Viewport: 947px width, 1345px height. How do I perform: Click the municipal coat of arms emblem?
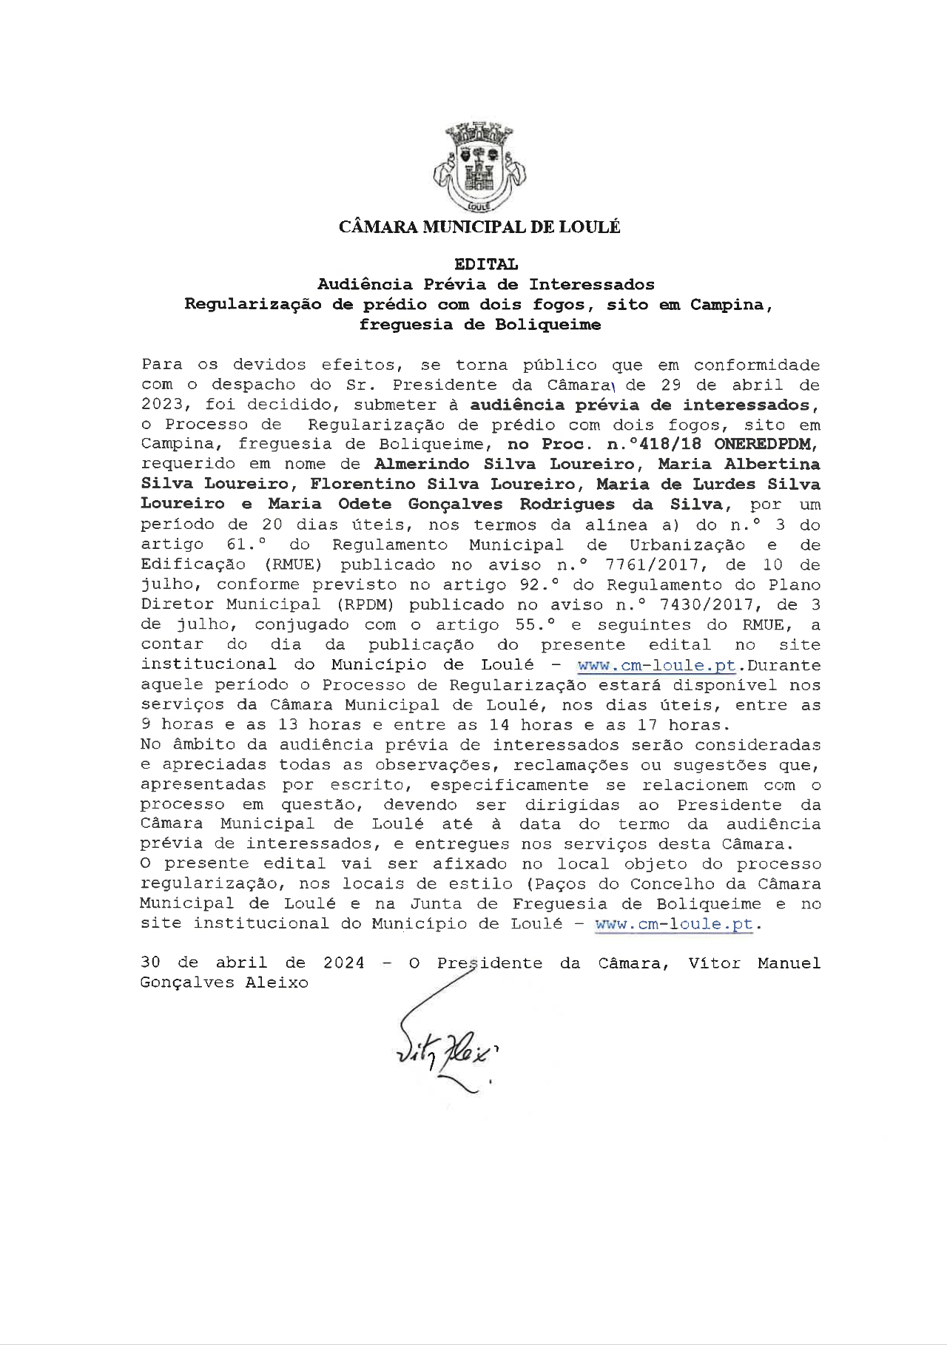479,169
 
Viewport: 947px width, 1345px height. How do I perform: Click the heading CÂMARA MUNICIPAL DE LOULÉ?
479,227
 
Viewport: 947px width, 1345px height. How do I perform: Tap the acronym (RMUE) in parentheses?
294,565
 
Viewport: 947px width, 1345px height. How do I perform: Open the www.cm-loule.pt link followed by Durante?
656,665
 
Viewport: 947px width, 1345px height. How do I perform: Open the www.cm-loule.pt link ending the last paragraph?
674,924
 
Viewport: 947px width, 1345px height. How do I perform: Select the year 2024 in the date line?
344,963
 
